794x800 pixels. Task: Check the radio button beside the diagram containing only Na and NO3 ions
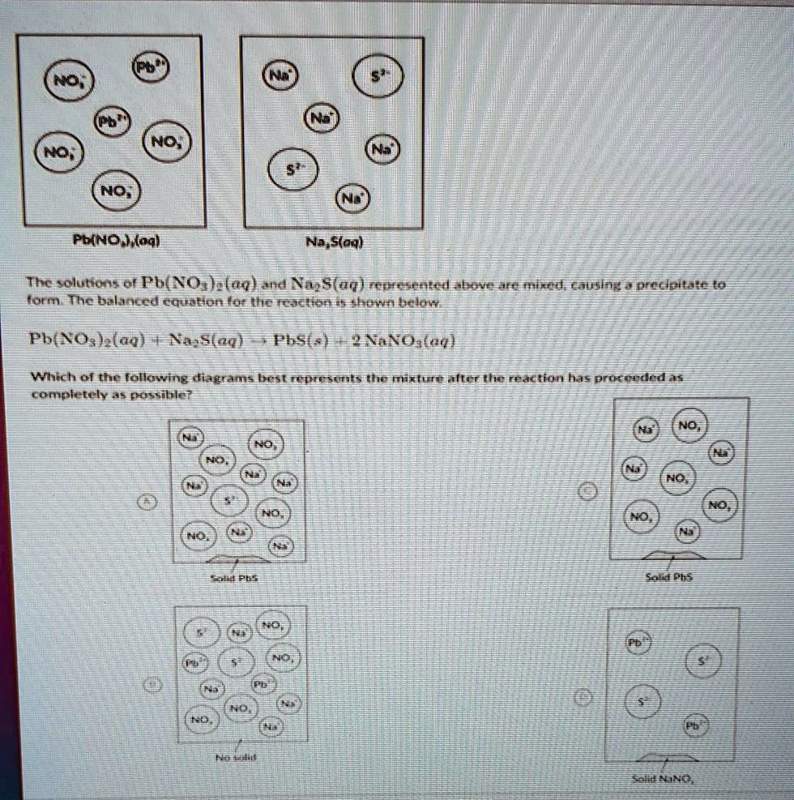(591, 492)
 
